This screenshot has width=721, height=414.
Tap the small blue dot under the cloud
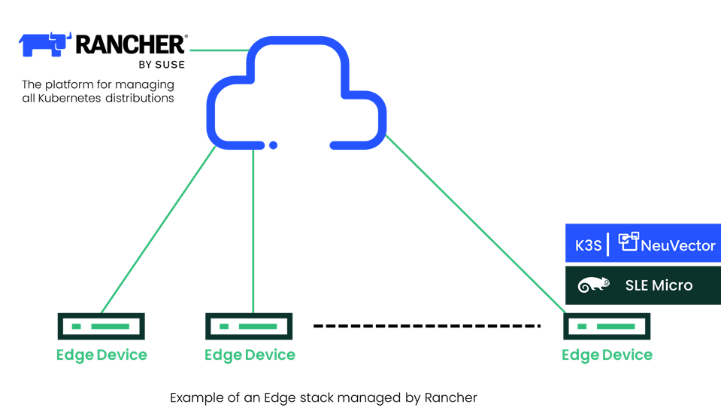pyautogui.click(x=273, y=145)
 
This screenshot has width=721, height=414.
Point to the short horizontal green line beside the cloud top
pyautogui.click(x=218, y=50)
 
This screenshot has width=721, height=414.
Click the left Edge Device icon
pyautogui.click(x=101, y=326)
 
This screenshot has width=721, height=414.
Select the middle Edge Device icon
pyautogui.click(x=249, y=326)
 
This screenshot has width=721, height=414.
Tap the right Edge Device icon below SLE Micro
pyautogui.click(x=606, y=326)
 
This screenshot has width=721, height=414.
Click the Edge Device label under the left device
pyautogui.click(x=101, y=355)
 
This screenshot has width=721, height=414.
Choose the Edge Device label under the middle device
pyautogui.click(x=250, y=355)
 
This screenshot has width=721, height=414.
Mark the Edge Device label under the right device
pyautogui.click(x=607, y=355)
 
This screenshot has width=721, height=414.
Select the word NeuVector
pyautogui.click(x=677, y=245)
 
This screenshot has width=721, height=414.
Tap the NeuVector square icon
pyautogui.click(x=628, y=241)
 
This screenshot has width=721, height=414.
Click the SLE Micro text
pyautogui.click(x=659, y=285)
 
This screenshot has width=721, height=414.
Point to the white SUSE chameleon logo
pyautogui.click(x=593, y=285)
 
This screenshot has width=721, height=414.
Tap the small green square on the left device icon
pyautogui.click(x=76, y=327)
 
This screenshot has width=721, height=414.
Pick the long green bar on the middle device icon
pyautogui.click(x=258, y=327)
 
